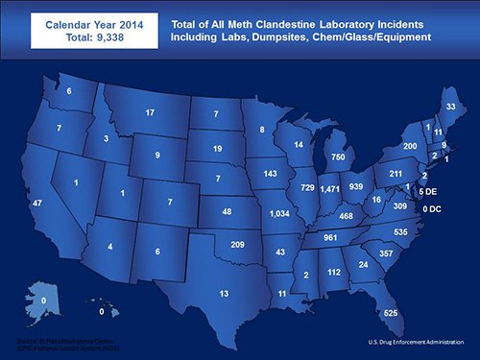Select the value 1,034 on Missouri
point(280,212)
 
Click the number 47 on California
point(37,204)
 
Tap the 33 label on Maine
point(451,106)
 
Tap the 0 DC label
point(429,208)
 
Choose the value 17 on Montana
point(150,113)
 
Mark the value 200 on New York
point(409,146)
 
